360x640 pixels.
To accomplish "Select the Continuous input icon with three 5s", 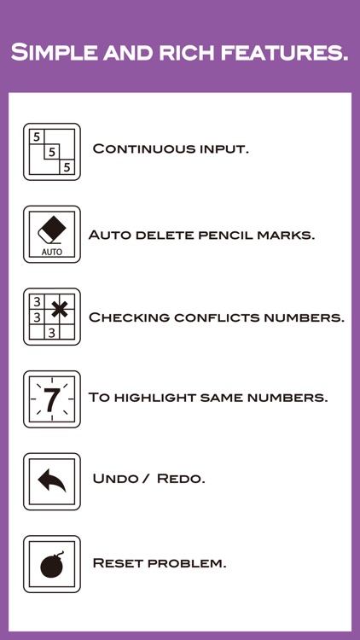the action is (52, 152).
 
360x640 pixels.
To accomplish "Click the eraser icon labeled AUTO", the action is (52, 235).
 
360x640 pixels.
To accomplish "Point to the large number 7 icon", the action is (52, 399).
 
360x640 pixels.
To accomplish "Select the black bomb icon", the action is (52, 565).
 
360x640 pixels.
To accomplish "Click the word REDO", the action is (181, 479).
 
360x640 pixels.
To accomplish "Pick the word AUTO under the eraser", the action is (52, 252).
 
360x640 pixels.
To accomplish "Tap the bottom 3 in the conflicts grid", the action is (51, 333).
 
